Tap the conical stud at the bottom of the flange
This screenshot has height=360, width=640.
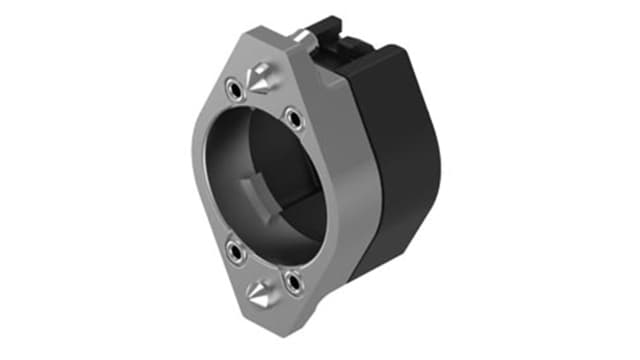pos(261,292)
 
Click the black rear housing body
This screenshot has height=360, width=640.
pos(400,150)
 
